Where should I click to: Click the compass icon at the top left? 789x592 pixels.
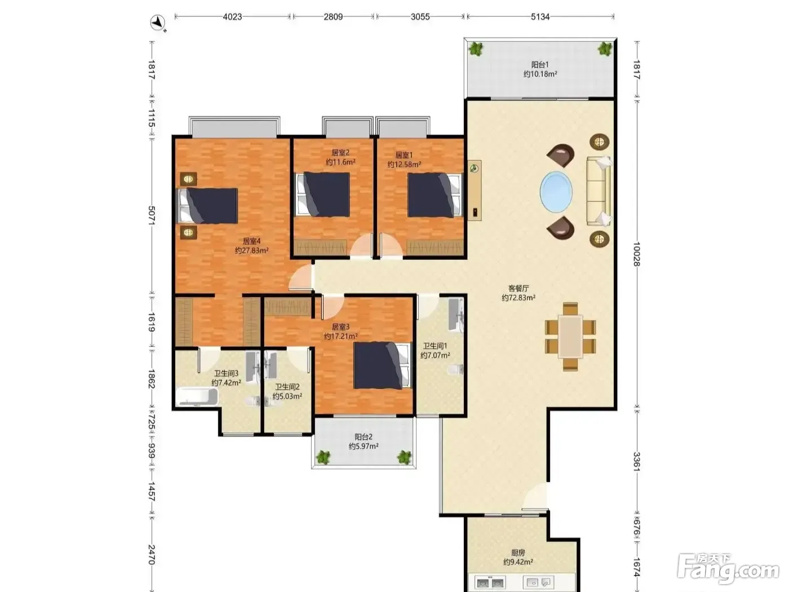point(157,23)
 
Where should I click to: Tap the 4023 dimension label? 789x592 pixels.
point(232,17)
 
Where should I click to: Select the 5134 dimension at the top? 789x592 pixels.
point(540,17)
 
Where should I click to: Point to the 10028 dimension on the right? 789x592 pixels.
point(637,254)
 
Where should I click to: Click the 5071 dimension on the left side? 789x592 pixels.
point(152,216)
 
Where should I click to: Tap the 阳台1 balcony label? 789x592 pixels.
point(540,65)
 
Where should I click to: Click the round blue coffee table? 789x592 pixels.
point(556,192)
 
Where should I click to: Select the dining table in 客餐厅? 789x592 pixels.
point(570,337)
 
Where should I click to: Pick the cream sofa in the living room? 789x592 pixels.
point(599,191)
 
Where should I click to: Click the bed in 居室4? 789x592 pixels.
point(208,206)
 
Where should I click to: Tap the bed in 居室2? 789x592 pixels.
point(322,195)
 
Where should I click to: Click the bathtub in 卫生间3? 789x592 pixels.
point(197,396)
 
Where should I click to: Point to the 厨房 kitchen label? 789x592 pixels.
point(518,553)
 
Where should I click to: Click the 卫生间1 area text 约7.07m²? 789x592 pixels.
point(435,356)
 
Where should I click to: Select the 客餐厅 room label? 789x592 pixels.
point(518,288)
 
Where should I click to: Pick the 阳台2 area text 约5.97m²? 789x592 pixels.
point(364,447)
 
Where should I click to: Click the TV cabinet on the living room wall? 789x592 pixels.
point(475,191)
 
